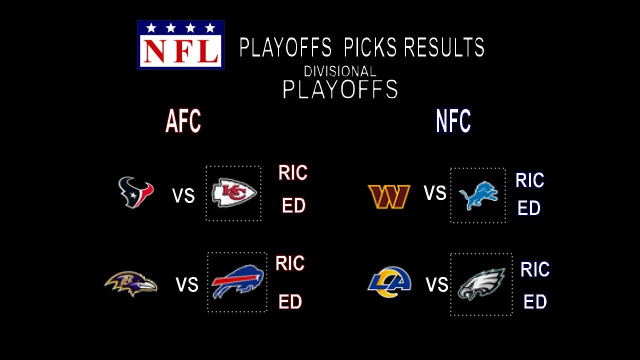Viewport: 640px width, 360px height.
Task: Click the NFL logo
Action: (x=180, y=45)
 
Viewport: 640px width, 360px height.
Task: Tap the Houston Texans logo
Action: (x=135, y=192)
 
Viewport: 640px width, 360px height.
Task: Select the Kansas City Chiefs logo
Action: (x=233, y=193)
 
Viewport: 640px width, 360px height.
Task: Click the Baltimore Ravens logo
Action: (x=131, y=283)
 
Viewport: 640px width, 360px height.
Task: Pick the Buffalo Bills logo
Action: (x=237, y=282)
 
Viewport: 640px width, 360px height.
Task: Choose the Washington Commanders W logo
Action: (x=389, y=196)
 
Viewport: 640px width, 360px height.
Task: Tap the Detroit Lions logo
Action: (x=478, y=195)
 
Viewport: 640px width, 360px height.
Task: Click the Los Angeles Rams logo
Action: (x=389, y=282)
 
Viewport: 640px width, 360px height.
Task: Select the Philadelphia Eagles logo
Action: (x=481, y=284)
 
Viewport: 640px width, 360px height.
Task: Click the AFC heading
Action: (x=183, y=121)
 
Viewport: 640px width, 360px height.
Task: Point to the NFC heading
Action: (x=453, y=121)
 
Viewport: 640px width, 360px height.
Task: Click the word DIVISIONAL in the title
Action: (x=340, y=71)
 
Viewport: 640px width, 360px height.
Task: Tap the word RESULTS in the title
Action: (x=444, y=48)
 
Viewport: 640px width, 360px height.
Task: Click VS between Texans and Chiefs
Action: (x=183, y=195)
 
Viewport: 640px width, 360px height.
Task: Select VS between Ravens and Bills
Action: (x=187, y=285)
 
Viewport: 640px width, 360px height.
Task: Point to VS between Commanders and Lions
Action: (x=435, y=193)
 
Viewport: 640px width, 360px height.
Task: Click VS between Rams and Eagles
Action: (x=437, y=285)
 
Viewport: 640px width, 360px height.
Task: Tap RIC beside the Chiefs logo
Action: (x=293, y=173)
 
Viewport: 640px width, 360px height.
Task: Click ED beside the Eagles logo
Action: (x=535, y=302)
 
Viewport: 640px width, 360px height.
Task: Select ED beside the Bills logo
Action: (x=290, y=302)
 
